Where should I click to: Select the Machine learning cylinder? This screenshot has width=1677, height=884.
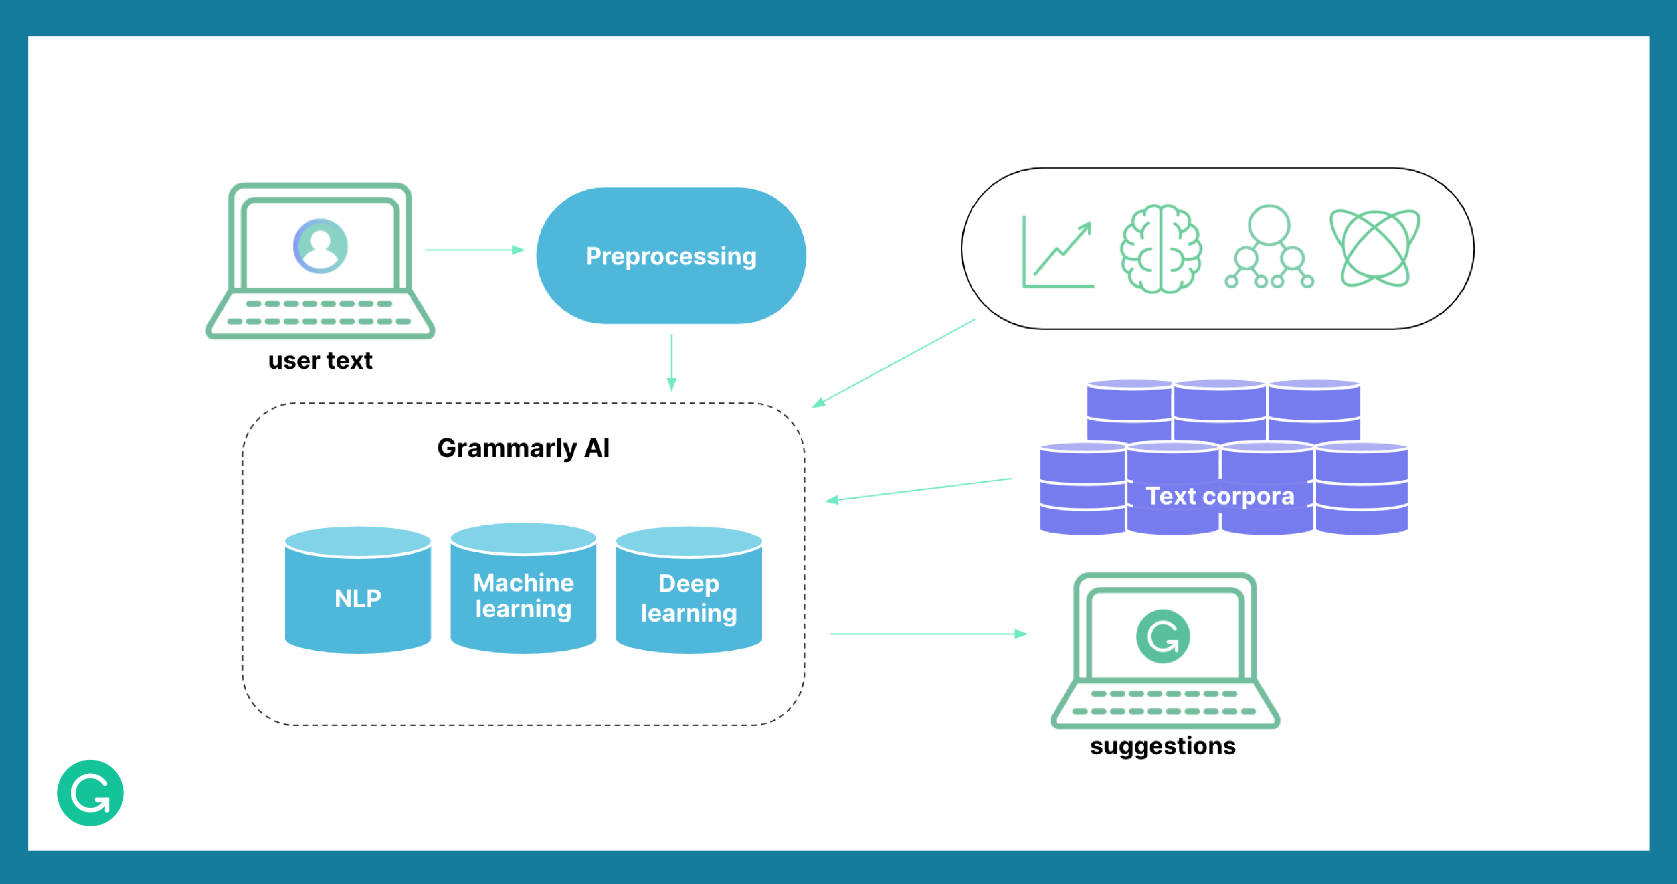[523, 595]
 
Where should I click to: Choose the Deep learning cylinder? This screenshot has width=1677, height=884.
[688, 597]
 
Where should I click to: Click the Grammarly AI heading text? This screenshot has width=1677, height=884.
[523, 448]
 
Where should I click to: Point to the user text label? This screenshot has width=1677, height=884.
[320, 361]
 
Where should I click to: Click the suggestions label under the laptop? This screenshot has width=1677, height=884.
[1162, 746]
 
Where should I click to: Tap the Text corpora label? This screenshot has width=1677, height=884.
[1219, 497]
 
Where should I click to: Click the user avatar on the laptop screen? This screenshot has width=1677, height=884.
[320, 245]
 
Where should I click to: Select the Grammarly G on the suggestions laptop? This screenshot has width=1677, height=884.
[1162, 637]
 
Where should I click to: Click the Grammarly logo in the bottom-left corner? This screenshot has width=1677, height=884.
[91, 793]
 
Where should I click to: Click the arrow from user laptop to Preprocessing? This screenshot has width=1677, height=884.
[474, 250]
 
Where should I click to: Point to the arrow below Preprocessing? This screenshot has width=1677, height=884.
[671, 362]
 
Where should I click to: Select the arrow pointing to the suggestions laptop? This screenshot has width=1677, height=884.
[928, 633]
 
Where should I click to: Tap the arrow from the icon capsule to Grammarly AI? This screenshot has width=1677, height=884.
[893, 363]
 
